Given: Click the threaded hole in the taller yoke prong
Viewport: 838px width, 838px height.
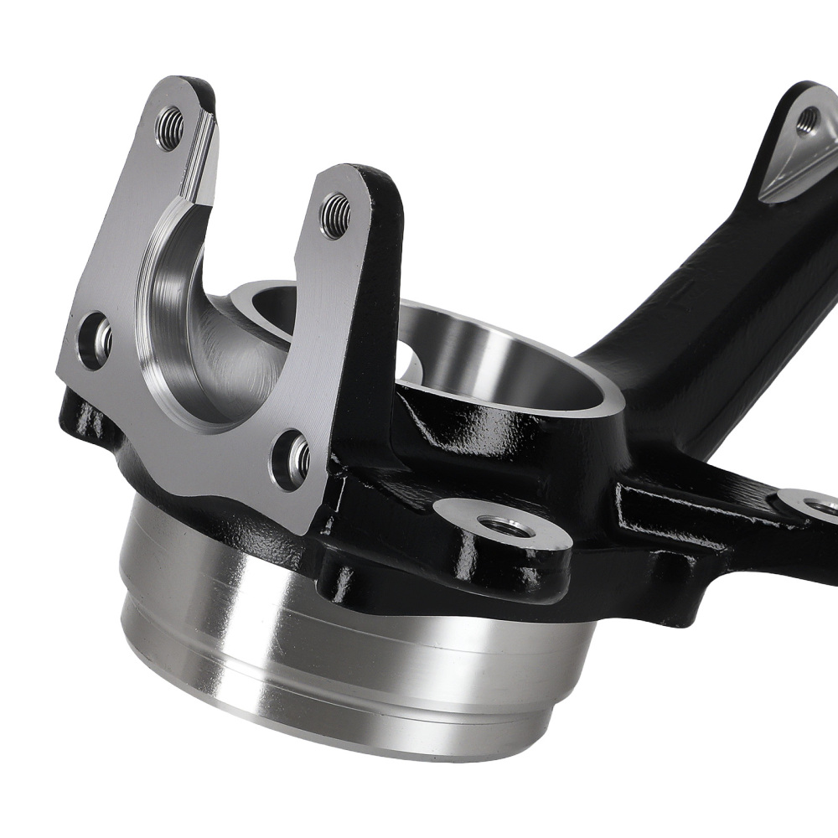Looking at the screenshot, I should [170, 128].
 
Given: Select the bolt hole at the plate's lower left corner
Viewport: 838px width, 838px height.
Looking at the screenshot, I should [95, 339].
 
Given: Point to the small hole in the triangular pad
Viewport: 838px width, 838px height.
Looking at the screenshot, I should [806, 122].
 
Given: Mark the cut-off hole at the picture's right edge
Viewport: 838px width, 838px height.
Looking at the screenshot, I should [825, 506].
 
